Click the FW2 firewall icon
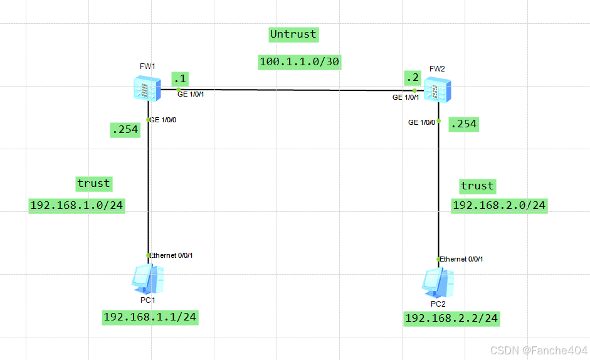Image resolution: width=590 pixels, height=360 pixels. [436, 90]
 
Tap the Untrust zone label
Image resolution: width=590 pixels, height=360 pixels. [293, 34]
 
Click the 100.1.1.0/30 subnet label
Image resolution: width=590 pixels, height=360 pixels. [300, 61]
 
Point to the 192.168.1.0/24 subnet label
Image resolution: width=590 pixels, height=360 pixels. [77, 205]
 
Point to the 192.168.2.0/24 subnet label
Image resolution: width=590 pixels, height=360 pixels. [499, 205]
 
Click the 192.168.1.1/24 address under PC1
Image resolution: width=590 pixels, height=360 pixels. [150, 317]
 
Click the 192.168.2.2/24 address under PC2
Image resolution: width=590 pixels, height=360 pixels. [451, 319]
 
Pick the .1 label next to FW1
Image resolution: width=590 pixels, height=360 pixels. [181, 79]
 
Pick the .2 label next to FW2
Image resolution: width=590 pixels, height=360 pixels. [413, 78]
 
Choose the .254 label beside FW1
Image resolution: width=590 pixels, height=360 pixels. [125, 130]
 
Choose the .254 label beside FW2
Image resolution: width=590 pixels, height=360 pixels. [464, 124]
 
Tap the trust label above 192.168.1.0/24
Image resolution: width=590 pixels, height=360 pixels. [93, 183]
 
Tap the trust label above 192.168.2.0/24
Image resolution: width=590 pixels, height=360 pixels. [477, 186]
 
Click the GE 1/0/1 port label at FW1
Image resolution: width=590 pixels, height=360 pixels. [191, 95]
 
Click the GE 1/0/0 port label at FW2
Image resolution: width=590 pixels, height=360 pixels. [422, 122]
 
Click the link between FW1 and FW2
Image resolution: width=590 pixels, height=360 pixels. [295, 90]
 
